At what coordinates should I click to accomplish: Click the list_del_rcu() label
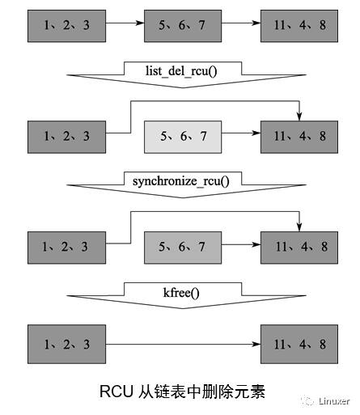tap(181, 70)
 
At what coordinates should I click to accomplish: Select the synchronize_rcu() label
tap(181, 179)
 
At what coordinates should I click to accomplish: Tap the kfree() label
tap(181, 290)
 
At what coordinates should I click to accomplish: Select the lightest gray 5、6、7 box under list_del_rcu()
tap(184, 136)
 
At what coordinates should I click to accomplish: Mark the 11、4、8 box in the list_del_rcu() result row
tap(299, 136)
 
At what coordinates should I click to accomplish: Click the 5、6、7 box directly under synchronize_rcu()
tap(184, 244)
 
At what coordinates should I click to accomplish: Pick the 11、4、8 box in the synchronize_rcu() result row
tap(299, 244)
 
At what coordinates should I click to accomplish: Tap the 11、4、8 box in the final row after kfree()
tap(299, 344)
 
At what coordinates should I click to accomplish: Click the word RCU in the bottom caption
tap(116, 392)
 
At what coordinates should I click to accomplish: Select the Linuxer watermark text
tap(334, 400)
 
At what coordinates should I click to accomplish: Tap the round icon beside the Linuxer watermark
tap(308, 400)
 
